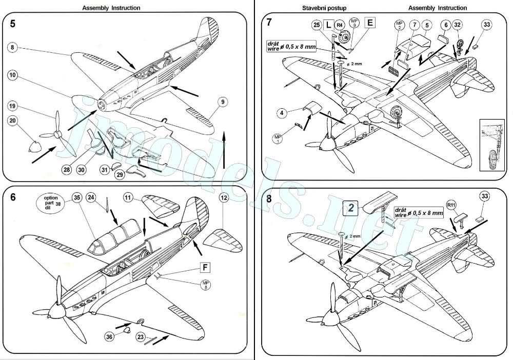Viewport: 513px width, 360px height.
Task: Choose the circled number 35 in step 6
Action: pos(76,197)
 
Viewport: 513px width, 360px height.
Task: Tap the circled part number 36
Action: pos(109,337)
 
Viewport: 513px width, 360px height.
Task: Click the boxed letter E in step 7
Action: pos(370,22)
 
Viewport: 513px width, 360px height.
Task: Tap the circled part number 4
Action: pos(281,112)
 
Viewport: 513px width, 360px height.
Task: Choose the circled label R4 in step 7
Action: pos(340,24)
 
